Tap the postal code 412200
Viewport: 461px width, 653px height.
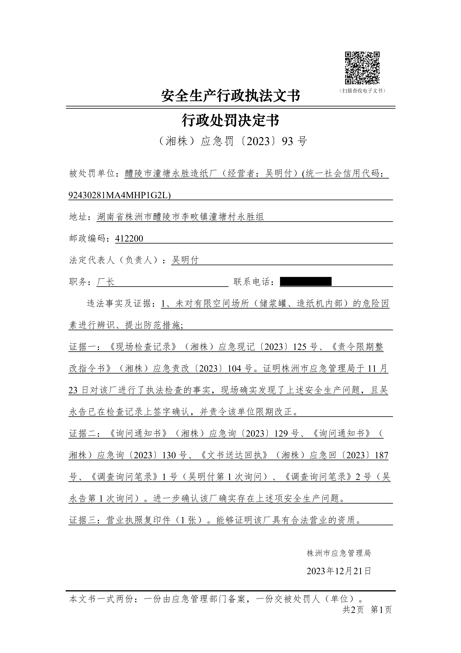129,239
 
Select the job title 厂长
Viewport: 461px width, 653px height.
106,282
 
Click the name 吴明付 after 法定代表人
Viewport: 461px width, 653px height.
185,260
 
